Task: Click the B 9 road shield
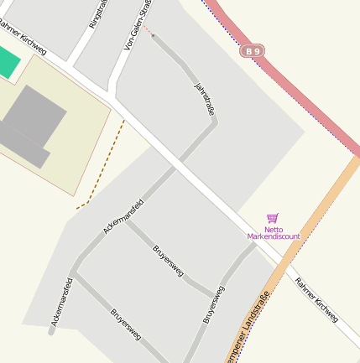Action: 253,51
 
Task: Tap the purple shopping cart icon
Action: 272,218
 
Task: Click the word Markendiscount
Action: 274,236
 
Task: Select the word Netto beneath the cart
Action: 274,229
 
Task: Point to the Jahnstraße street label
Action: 205,98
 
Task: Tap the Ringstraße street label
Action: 98,14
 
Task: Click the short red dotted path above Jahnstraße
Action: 147,31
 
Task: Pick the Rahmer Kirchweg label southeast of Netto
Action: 316,299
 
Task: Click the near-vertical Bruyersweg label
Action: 214,305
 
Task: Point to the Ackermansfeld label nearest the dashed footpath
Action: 123,215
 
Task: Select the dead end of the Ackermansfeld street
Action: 51,333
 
